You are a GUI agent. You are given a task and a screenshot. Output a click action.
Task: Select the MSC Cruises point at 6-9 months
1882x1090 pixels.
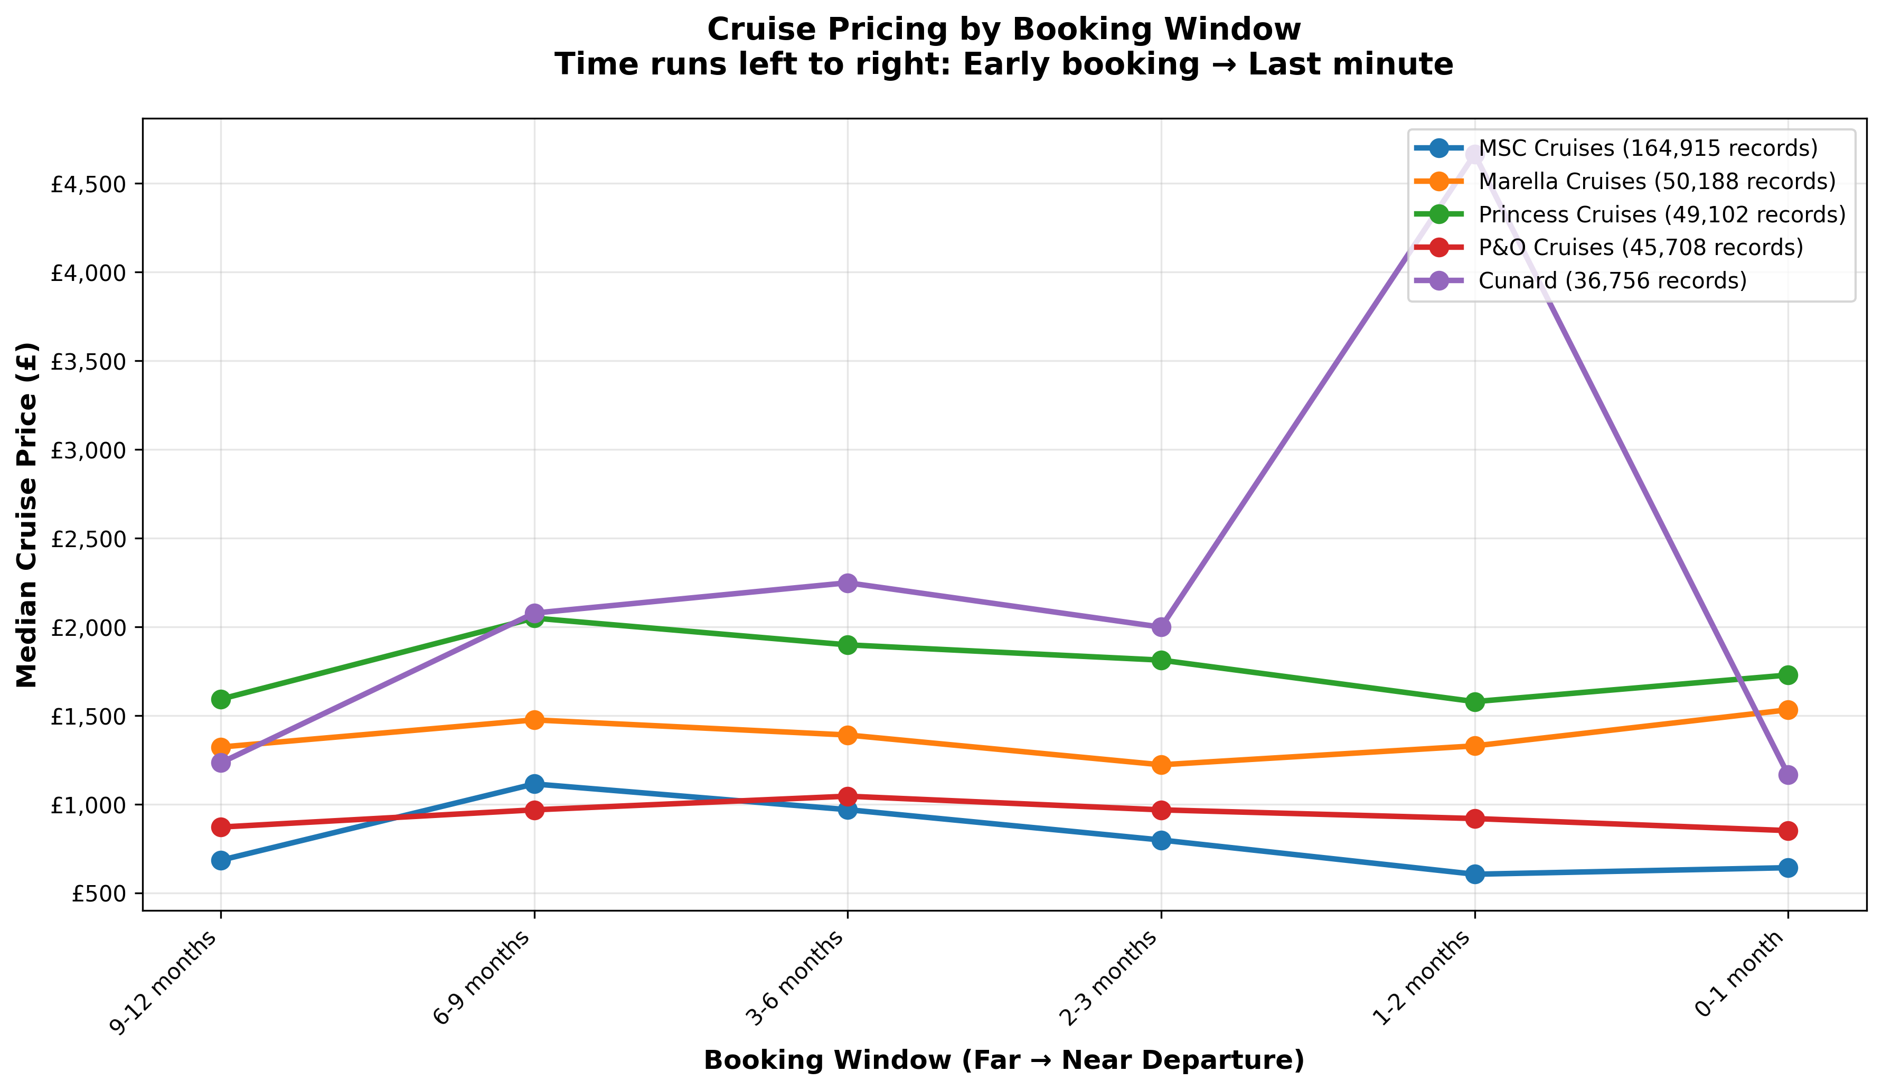point(534,784)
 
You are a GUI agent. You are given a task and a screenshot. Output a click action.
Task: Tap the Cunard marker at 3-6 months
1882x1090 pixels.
point(847,582)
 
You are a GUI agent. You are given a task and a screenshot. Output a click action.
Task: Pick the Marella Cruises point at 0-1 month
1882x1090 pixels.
point(1788,710)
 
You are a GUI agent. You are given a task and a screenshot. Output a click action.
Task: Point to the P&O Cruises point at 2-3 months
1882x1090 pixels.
point(1161,810)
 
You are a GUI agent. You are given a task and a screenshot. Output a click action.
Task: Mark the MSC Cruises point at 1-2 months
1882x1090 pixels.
point(1474,874)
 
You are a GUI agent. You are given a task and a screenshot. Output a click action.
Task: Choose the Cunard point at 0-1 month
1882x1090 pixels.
point(1788,775)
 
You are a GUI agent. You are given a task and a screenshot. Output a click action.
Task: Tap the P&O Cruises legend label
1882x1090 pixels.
point(1640,247)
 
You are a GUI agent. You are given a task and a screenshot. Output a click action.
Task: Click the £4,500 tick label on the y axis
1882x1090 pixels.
point(88,184)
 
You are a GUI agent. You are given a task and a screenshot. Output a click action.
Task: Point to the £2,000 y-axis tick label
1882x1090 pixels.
point(88,627)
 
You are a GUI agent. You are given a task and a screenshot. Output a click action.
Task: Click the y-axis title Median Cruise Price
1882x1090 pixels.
point(27,515)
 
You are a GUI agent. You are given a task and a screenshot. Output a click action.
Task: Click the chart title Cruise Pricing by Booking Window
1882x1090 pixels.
point(1004,30)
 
